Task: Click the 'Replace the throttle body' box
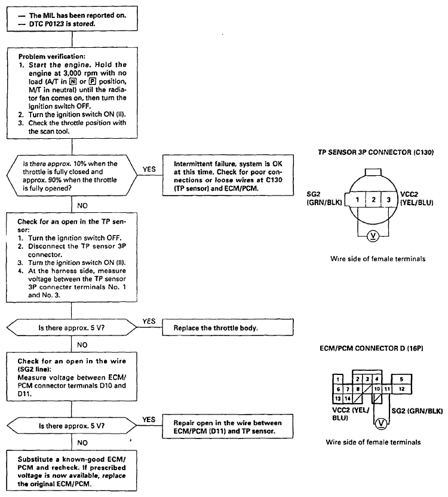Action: click(x=228, y=327)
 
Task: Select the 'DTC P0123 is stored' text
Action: click(x=62, y=24)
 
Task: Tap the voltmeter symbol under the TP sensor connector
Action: click(x=373, y=236)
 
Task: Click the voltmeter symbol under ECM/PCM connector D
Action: click(x=381, y=423)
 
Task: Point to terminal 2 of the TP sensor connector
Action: click(x=373, y=200)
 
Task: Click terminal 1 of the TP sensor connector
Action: click(x=357, y=200)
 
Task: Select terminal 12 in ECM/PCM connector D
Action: click(x=401, y=389)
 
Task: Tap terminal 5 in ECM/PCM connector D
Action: click(x=401, y=379)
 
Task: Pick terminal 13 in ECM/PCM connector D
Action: click(x=338, y=398)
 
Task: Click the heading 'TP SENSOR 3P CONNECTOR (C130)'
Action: click(x=376, y=153)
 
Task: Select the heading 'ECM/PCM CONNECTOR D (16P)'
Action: click(x=372, y=348)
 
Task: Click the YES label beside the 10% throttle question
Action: click(x=149, y=169)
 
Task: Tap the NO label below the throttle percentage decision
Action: click(x=82, y=206)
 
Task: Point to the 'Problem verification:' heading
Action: click(x=51, y=56)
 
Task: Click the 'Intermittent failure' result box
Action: click(x=228, y=175)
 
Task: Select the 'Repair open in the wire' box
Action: click(x=228, y=426)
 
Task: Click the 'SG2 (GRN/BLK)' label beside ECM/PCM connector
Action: click(x=417, y=411)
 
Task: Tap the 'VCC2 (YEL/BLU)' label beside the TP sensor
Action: click(x=416, y=199)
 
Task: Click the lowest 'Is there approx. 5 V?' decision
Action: click(x=72, y=426)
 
